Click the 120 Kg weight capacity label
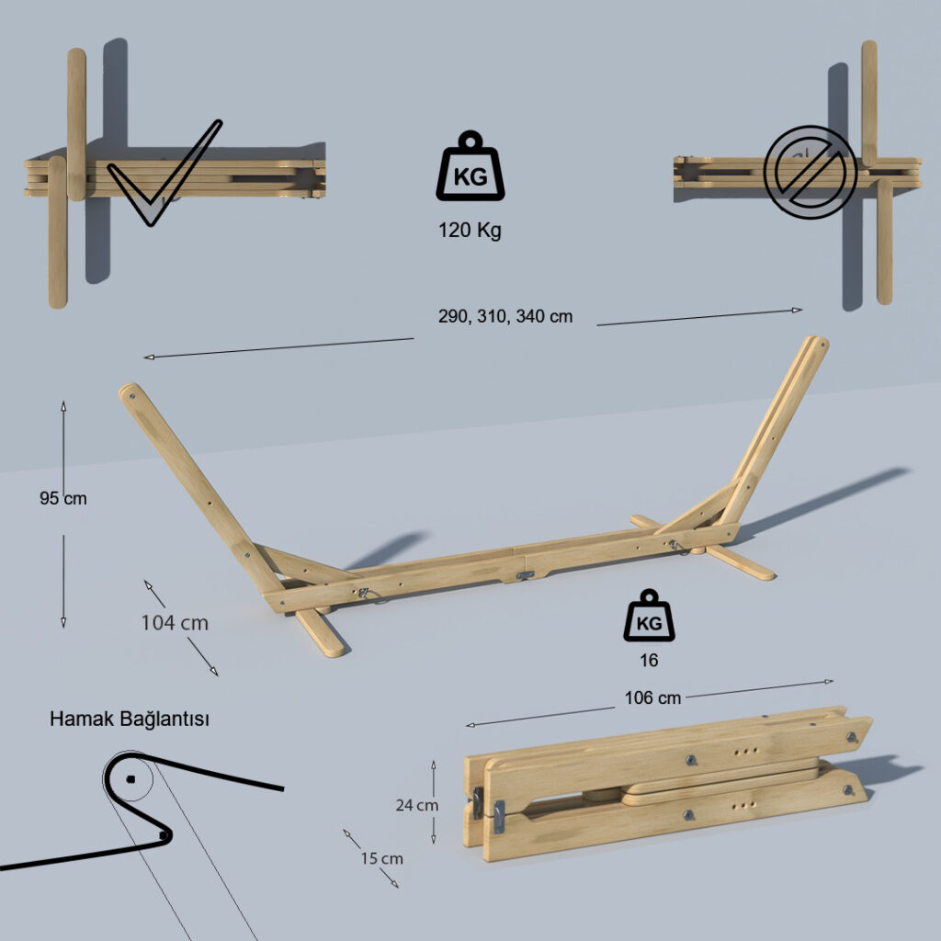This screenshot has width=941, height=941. tap(470, 231)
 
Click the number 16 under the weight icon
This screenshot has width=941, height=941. tap(649, 660)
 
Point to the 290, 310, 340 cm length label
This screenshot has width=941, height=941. tap(505, 316)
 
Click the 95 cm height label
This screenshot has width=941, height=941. tap(63, 498)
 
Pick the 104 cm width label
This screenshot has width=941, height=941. tap(175, 623)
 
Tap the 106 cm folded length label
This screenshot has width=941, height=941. tap(653, 698)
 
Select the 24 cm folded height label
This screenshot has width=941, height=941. tap(417, 805)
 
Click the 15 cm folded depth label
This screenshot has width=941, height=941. tap(381, 859)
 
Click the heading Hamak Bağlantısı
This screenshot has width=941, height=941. tap(130, 719)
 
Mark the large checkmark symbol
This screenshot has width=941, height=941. tap(164, 174)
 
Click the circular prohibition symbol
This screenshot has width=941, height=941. tap(811, 172)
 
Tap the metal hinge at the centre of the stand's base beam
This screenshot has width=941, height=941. tap(525, 575)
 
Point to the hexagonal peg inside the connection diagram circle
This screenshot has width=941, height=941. tap(130, 779)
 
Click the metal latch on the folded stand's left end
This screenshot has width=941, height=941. tap(498, 817)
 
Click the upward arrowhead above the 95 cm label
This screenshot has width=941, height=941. tap(63, 405)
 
